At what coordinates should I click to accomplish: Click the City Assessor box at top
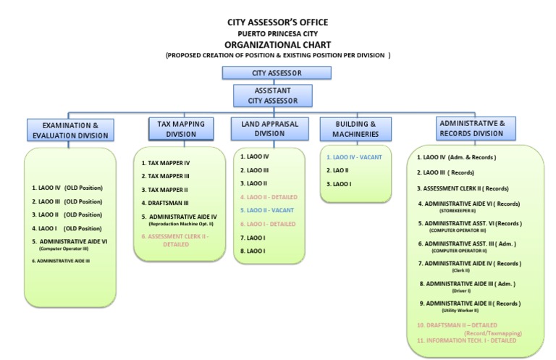[x=277, y=73]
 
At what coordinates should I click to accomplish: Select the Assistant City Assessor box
[x=273, y=96]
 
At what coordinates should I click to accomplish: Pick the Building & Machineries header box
[x=355, y=129]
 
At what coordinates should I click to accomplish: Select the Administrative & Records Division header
[x=471, y=128]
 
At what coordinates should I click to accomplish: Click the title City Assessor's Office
[x=277, y=22]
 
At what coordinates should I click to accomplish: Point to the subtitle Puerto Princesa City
[x=277, y=33]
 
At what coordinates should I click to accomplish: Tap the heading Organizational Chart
[x=277, y=43]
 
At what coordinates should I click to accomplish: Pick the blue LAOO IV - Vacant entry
[x=354, y=157]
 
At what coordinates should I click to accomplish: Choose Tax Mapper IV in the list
[x=167, y=163]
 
